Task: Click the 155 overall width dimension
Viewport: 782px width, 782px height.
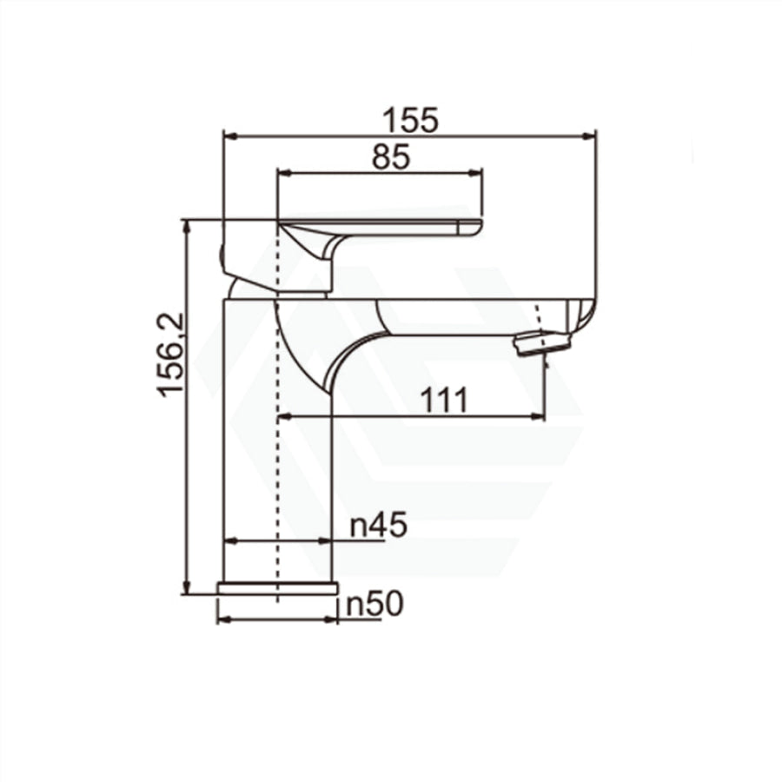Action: [410, 120]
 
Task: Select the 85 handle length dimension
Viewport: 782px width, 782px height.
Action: [391, 157]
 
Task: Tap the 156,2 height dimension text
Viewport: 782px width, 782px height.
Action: [171, 355]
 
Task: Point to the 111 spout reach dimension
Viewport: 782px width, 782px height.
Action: [444, 400]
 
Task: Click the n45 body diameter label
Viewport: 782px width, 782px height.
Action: [379, 526]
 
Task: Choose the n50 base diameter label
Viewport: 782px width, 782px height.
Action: [374, 605]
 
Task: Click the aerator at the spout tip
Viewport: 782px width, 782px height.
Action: [544, 343]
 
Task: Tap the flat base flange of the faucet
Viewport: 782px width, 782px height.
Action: [278, 588]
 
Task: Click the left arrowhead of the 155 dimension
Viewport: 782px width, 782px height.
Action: [229, 135]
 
